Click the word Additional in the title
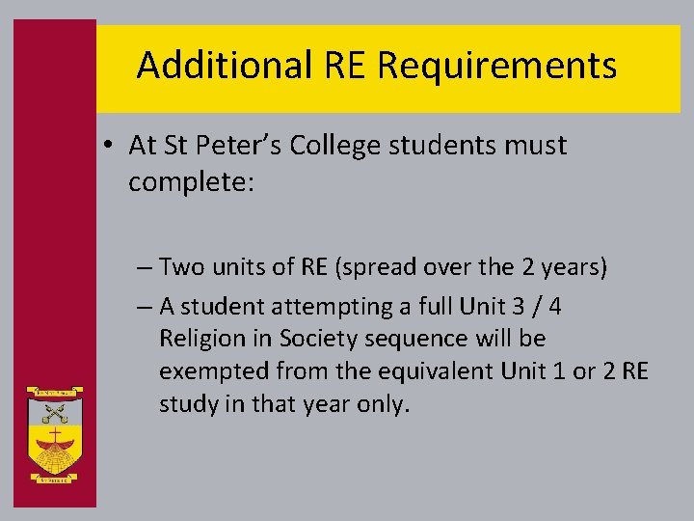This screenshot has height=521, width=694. [x=223, y=66]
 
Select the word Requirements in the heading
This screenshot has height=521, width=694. [x=497, y=66]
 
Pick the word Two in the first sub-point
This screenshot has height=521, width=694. [x=179, y=266]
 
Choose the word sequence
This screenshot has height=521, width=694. [x=416, y=339]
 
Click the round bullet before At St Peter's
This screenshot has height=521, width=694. [x=112, y=147]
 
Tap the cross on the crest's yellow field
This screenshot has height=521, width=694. [x=55, y=440]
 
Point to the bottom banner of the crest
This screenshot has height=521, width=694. [x=55, y=477]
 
